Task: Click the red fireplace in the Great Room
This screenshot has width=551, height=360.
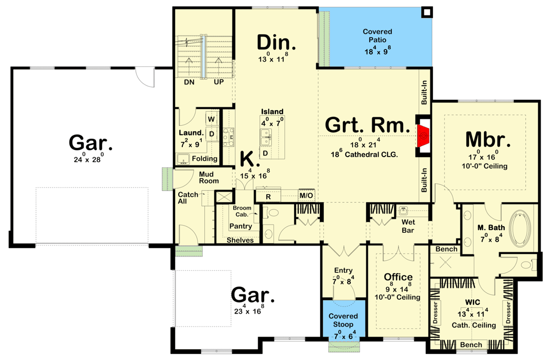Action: pos(423,135)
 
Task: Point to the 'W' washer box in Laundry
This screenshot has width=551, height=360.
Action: pos(211,119)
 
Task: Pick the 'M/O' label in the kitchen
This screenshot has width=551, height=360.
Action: pos(306,196)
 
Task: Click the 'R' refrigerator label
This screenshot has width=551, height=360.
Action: pos(268,196)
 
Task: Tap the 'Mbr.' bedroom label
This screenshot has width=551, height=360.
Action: pos(488,140)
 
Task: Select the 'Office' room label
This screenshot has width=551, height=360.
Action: pos(398,277)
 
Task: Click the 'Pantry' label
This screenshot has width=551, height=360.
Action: pos(240,226)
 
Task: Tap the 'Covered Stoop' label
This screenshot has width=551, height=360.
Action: pos(343,320)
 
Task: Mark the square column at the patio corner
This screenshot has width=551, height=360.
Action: pos(427,12)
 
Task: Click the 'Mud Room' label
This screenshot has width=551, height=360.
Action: pos(209,178)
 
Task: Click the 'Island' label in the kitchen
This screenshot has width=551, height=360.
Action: pos(272,112)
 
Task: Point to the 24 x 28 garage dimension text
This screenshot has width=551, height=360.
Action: pos(90,160)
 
